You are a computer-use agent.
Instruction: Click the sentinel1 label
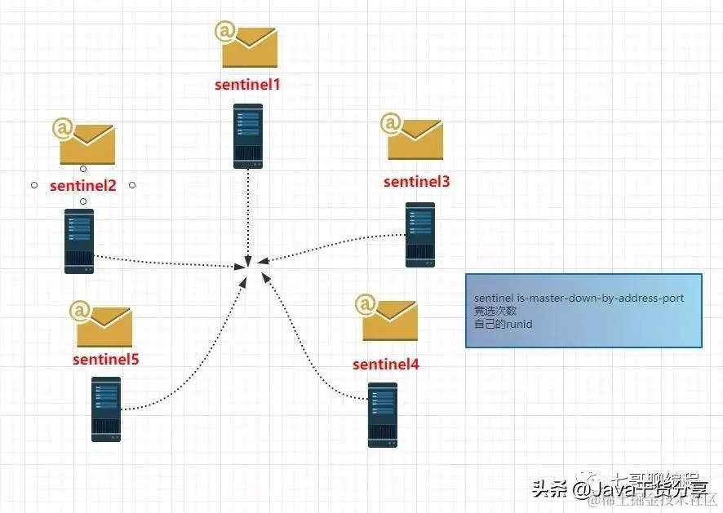coord(248,84)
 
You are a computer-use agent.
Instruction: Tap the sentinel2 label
coord(83,185)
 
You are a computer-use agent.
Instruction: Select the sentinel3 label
coord(416,182)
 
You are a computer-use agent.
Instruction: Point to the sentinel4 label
coord(386,364)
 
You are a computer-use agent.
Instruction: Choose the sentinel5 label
coord(105,359)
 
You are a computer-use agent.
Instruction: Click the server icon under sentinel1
coord(248,135)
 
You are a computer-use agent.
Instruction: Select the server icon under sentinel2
coord(79,241)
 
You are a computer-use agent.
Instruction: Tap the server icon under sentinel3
coord(420,235)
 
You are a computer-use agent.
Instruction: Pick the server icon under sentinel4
coord(383,414)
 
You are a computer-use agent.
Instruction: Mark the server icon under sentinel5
coord(106,409)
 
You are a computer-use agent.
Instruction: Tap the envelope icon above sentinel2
coord(84,142)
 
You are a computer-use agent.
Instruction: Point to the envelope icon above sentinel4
coord(388,318)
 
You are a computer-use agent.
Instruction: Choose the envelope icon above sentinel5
coord(102,324)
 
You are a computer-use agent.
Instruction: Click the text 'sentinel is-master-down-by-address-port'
coord(579,299)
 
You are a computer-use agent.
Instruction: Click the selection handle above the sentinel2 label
coord(83,169)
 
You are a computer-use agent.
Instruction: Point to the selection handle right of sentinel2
coord(132,185)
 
